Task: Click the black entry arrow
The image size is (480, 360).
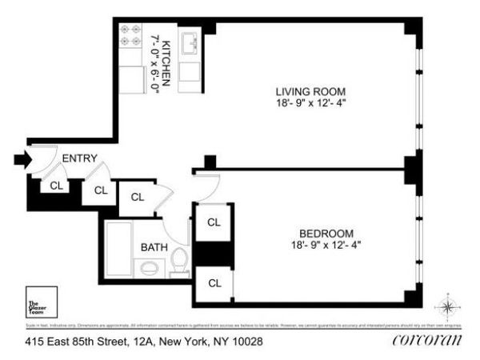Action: tap(22, 160)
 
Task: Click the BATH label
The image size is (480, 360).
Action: tap(154, 247)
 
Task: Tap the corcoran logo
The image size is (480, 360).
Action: tap(427, 341)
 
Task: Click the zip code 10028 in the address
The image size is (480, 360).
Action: tap(246, 342)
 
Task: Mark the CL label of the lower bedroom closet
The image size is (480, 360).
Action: tap(214, 282)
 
